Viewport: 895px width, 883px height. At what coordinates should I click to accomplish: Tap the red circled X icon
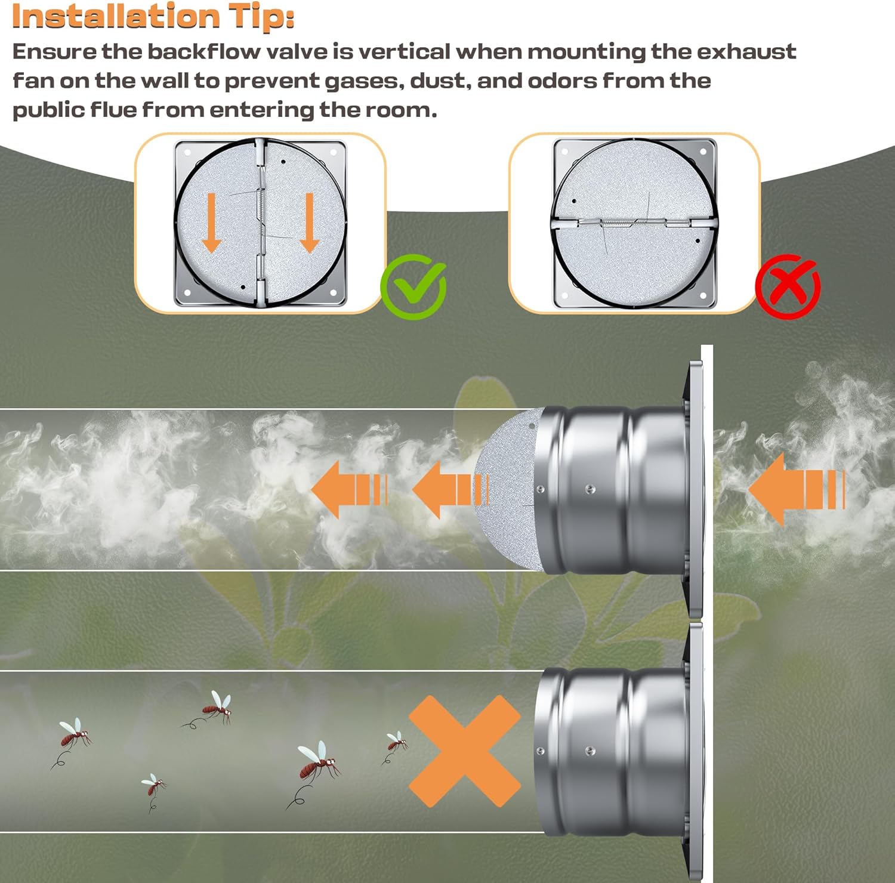(788, 286)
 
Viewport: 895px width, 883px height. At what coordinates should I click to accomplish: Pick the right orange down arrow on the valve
(309, 223)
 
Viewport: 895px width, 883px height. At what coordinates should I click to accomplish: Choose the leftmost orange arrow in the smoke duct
(349, 489)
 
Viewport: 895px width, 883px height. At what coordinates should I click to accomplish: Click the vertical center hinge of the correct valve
(260, 223)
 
